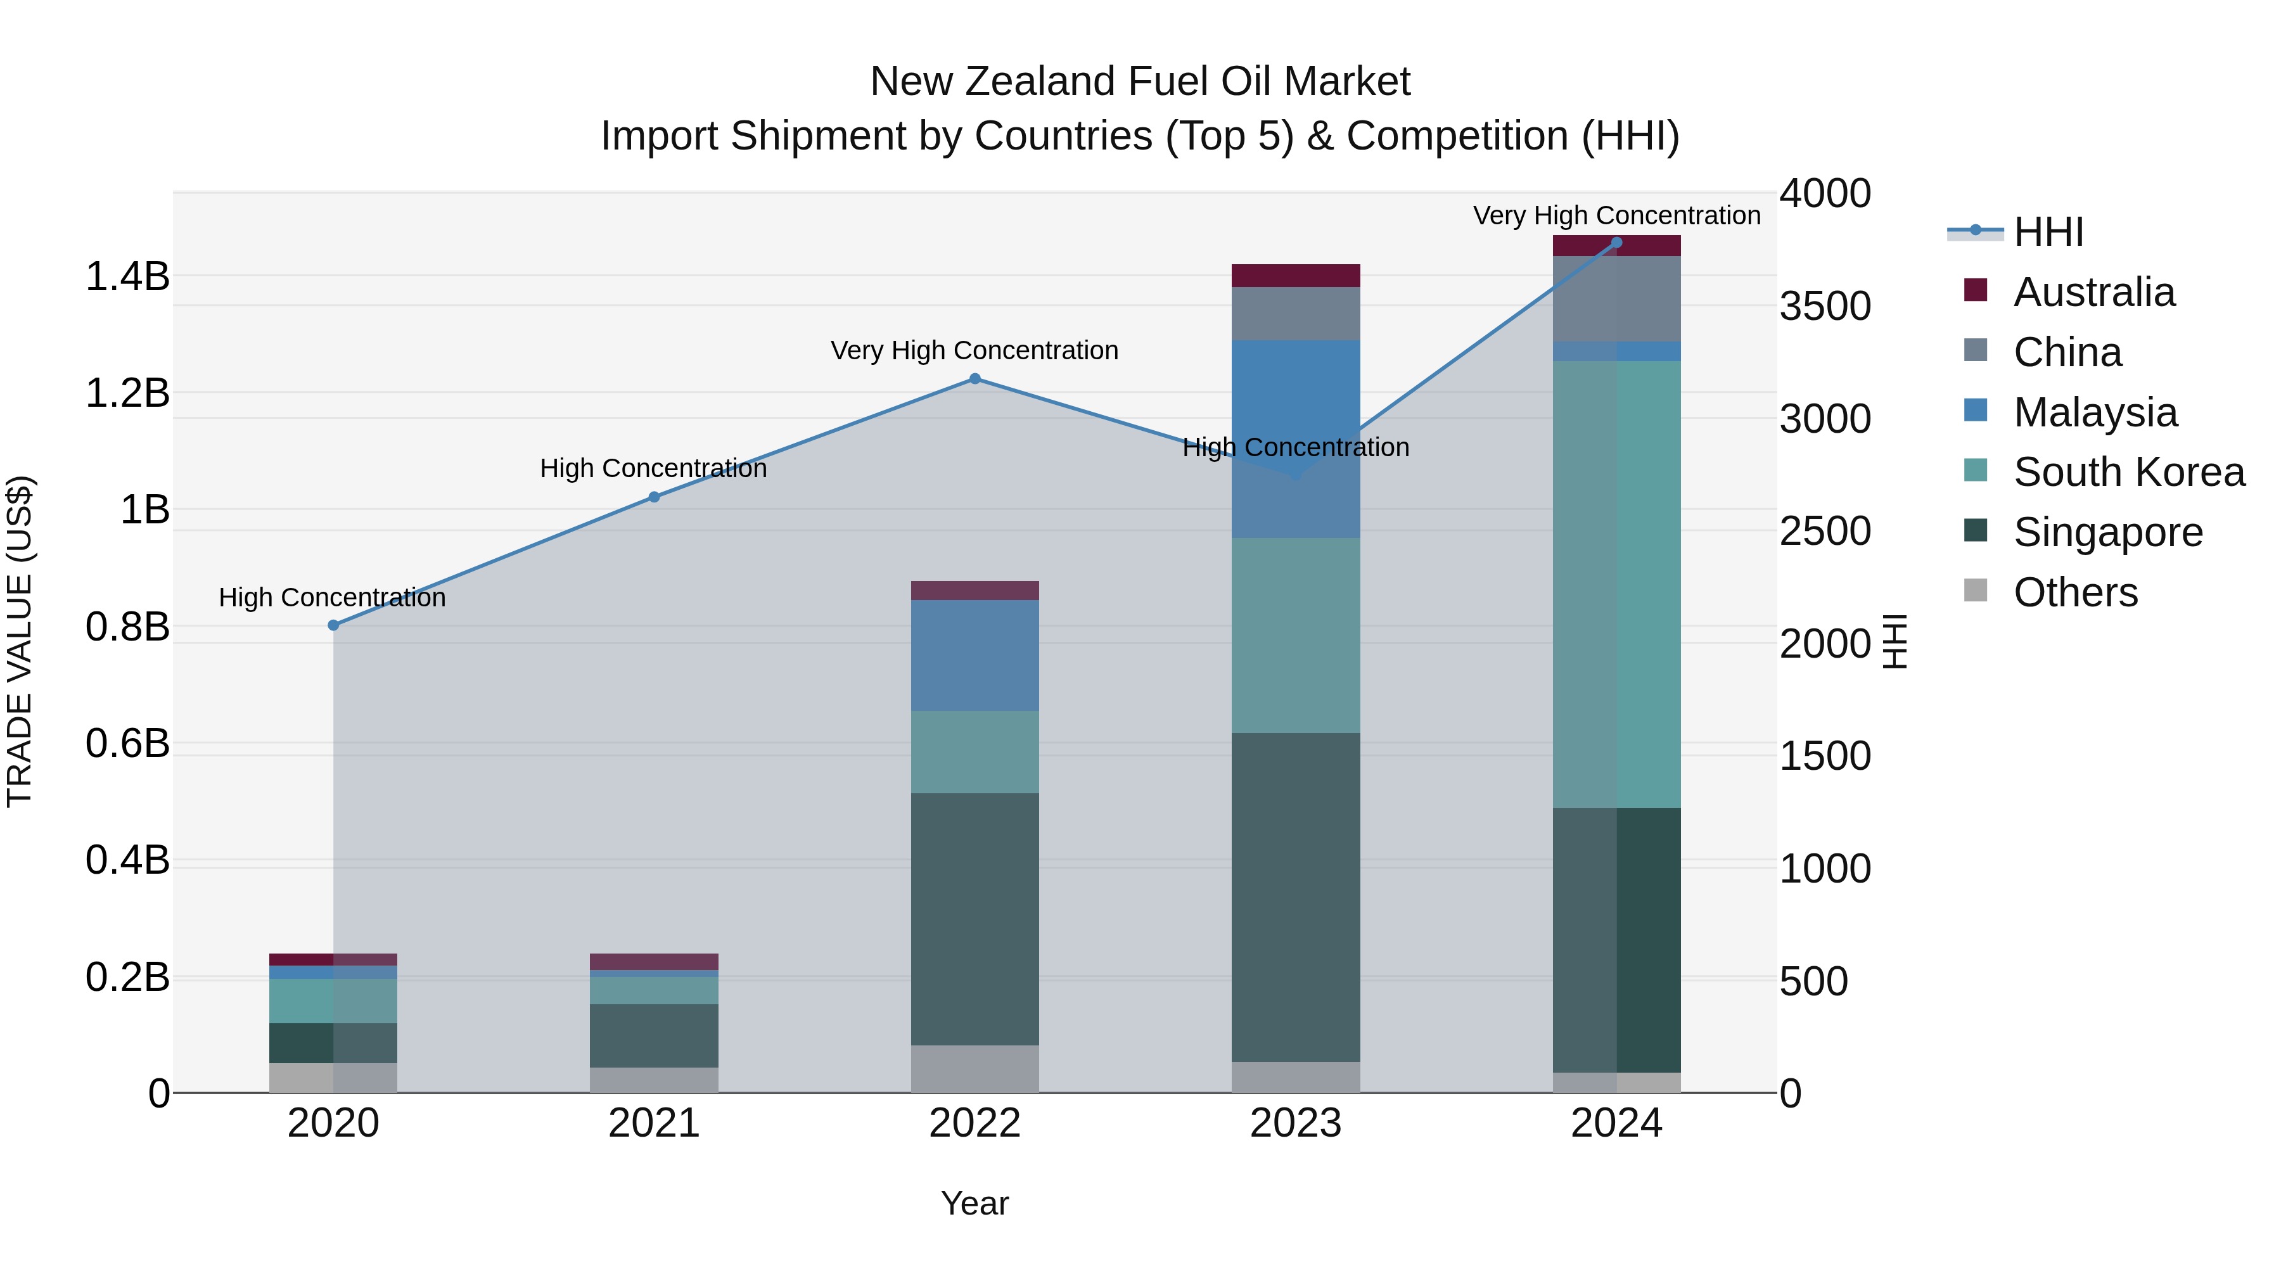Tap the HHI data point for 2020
333,625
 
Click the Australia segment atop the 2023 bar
1296,276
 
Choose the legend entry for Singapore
2107,532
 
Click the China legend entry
2067,352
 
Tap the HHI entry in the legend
2047,232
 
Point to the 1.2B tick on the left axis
127,393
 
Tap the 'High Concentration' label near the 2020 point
332,597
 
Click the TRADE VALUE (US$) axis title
20,641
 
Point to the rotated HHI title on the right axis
1894,641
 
